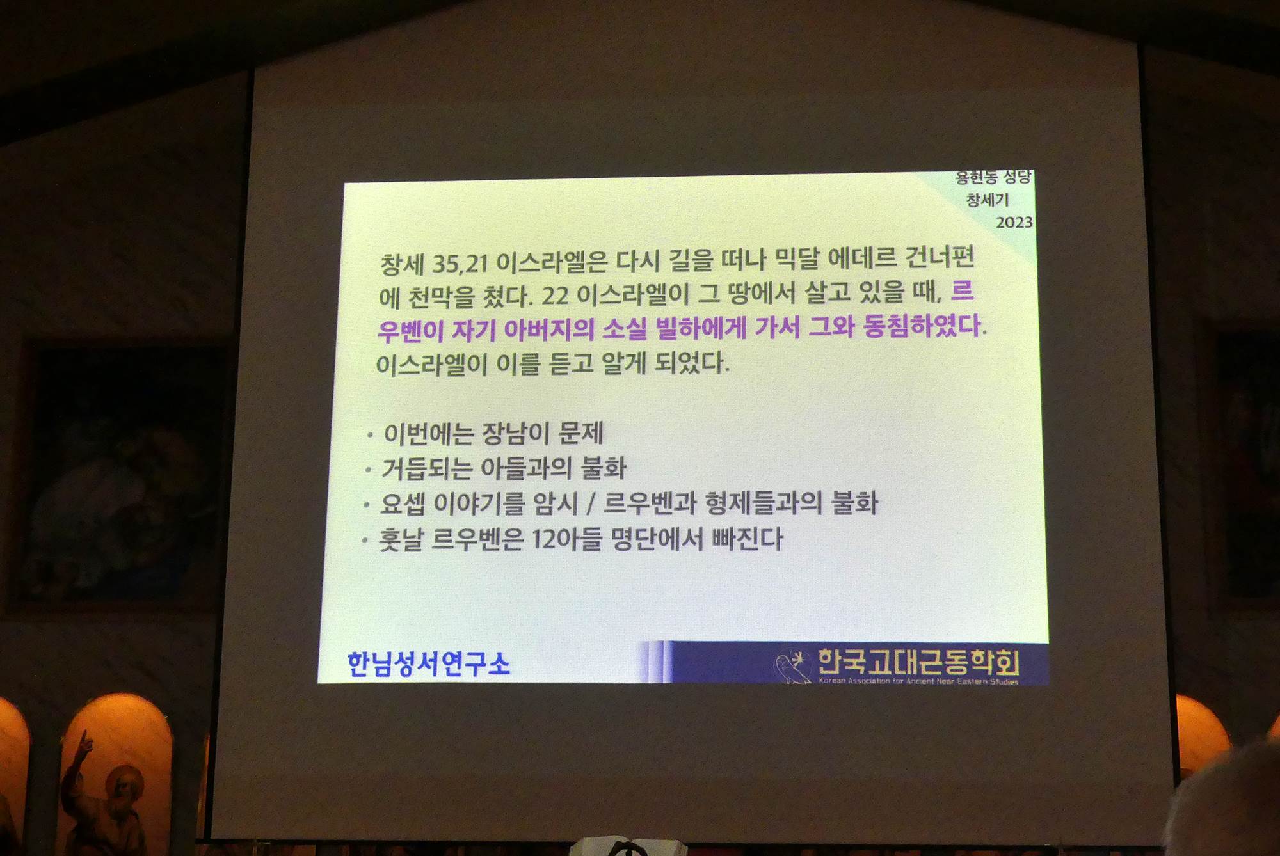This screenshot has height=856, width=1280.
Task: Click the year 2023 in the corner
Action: coord(1014,222)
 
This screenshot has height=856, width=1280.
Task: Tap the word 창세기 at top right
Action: coord(988,200)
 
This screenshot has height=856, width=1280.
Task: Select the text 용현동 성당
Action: coord(993,177)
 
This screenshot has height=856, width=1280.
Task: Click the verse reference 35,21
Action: coord(460,263)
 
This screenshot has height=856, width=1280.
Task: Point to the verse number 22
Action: coord(556,296)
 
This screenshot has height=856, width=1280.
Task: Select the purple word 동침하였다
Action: coord(922,326)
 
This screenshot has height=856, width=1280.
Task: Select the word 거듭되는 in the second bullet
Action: coord(426,468)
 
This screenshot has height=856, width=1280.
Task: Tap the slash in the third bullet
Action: coord(591,503)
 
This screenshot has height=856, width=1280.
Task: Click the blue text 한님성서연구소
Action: coord(428,663)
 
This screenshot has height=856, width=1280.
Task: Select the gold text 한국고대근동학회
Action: coord(918,662)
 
